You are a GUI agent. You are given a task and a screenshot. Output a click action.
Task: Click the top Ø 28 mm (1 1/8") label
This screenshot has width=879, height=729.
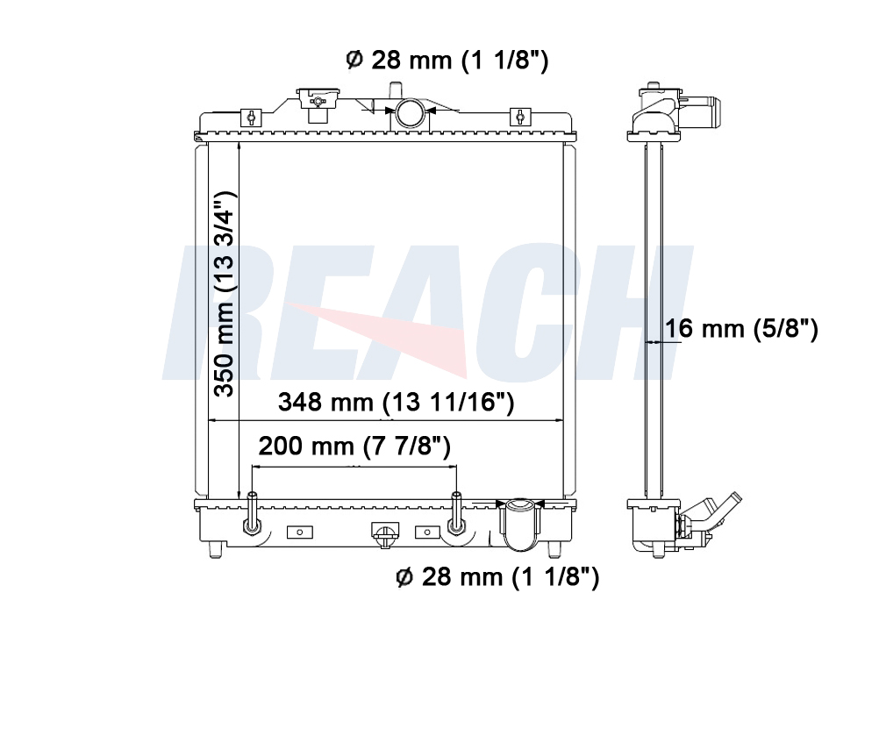pos(447,60)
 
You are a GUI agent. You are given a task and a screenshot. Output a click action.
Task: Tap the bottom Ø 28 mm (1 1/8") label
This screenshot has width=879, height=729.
pos(497,576)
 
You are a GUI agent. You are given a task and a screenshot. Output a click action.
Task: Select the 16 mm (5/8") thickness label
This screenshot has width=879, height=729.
pos(741,329)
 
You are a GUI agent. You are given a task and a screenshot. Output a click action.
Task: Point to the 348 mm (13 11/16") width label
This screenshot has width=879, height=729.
pos(396,402)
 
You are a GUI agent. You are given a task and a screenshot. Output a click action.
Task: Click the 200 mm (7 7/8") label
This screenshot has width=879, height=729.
pos(354,447)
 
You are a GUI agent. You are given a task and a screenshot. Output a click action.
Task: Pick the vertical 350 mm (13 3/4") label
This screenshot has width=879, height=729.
pos(225,293)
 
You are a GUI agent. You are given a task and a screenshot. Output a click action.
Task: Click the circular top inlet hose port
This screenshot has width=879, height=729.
pos(410,112)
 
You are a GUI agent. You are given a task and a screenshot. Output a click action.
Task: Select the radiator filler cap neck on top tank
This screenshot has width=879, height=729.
pos(318,104)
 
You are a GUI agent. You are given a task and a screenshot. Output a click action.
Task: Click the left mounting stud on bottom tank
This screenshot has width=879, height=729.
pos(251,512)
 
